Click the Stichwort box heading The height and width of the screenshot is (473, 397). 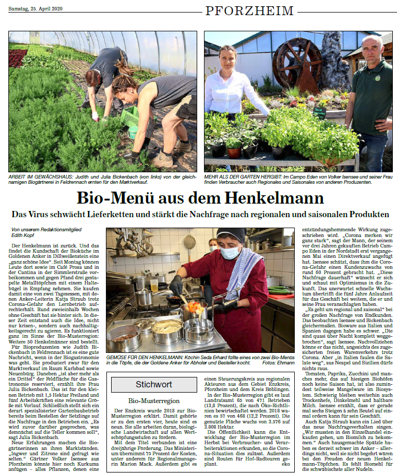pos(153,385)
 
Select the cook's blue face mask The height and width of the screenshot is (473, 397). pos(231,253)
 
